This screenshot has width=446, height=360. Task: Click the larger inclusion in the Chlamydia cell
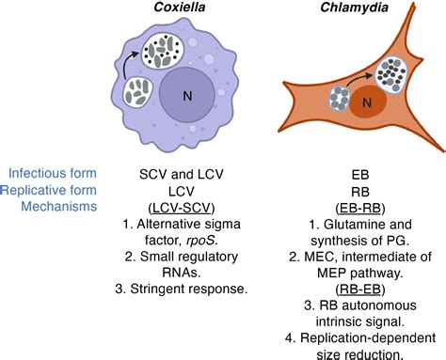tap(385, 75)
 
